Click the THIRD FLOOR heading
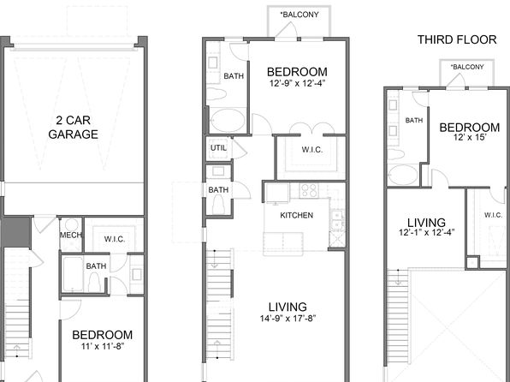457,39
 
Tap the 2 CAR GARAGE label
74,128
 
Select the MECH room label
71,235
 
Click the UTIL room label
218,148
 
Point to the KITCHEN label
297,215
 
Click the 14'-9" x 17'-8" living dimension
288,318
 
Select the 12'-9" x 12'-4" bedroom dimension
297,83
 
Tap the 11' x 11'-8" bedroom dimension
103,346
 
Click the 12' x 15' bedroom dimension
470,137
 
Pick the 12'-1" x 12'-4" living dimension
426,232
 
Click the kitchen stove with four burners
308,190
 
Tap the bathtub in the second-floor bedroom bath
228,120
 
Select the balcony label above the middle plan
299,15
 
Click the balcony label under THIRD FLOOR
467,67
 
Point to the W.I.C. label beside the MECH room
115,239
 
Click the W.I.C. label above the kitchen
312,150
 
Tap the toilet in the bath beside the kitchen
219,206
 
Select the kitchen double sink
337,220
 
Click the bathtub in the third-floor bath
403,175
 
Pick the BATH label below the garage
96,266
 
